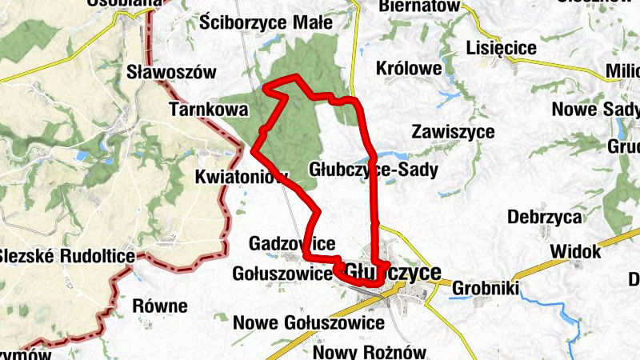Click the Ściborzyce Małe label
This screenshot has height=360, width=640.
266,22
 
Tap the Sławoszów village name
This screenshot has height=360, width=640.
172,72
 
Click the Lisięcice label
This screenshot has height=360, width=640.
500,49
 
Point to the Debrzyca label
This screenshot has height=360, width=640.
543,217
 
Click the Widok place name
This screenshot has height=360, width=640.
574,251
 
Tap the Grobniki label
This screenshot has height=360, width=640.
486,289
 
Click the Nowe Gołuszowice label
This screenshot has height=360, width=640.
309,322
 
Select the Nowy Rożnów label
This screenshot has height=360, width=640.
371,352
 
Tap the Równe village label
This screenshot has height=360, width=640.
160,306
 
